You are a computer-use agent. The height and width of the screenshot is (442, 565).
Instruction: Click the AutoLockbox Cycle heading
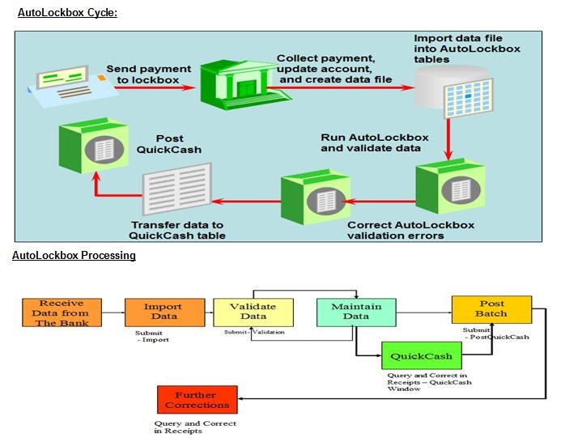(x=67, y=12)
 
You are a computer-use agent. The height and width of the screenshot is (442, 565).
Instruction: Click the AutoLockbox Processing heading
(x=74, y=256)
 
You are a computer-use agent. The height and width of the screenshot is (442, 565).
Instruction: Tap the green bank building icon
(x=234, y=79)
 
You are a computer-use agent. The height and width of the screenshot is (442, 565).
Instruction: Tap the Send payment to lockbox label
(x=148, y=75)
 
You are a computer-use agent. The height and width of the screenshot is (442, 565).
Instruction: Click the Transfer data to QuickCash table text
(x=178, y=230)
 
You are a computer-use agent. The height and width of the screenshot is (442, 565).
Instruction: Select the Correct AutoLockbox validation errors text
(x=410, y=230)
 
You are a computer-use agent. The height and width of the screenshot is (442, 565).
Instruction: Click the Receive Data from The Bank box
(x=62, y=312)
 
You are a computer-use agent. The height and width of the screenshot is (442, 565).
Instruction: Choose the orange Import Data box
(x=163, y=312)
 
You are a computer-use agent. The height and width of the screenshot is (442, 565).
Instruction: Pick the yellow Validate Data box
(x=253, y=312)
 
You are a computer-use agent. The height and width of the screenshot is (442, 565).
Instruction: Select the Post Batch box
(x=491, y=308)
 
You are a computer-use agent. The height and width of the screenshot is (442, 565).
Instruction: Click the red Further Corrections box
(x=197, y=399)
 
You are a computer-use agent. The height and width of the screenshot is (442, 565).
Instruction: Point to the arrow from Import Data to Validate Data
(x=208, y=312)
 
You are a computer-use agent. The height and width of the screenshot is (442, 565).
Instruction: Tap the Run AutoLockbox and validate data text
(x=372, y=142)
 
